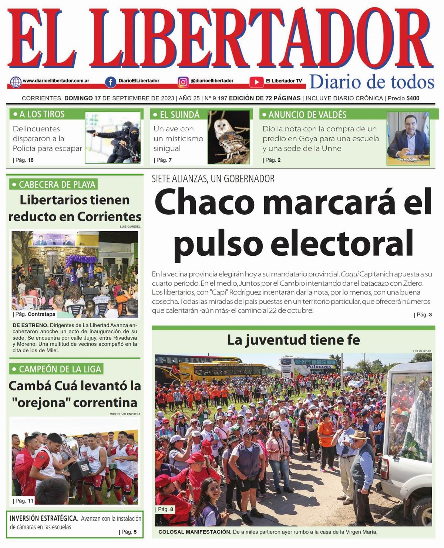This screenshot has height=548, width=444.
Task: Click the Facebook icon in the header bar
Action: pyautogui.click(x=110, y=81)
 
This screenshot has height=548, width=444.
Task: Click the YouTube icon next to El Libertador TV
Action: pyautogui.click(x=256, y=82)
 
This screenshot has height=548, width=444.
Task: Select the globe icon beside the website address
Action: pyautogui.click(x=16, y=81)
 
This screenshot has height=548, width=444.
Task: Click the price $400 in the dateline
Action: pyautogui.click(x=413, y=98)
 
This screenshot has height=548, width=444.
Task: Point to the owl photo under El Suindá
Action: pyautogui.click(x=229, y=137)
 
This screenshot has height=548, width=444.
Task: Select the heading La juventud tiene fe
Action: pyautogui.click(x=293, y=340)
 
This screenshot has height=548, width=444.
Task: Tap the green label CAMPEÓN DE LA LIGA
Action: pyautogui.click(x=56, y=369)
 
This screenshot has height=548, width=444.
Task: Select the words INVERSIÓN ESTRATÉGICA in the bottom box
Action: pyautogui.click(x=44, y=518)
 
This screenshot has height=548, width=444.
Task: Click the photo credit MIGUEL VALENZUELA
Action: pyautogui.click(x=125, y=414)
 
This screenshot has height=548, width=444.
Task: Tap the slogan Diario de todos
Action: pyautogui.click(x=371, y=82)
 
